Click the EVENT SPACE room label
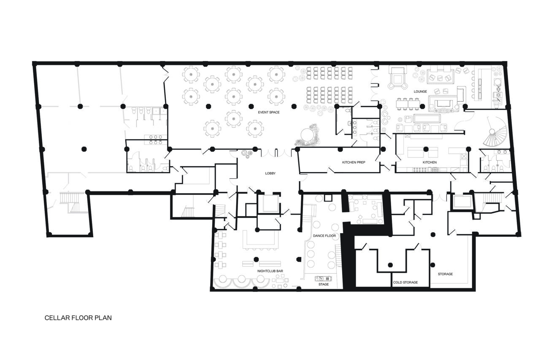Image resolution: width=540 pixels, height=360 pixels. (x=269, y=112)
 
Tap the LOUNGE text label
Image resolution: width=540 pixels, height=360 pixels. (x=420, y=91)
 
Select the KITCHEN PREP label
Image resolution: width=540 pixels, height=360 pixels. (x=353, y=162)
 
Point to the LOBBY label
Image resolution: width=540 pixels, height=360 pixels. (x=270, y=173)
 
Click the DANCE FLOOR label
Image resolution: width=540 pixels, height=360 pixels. (x=324, y=236)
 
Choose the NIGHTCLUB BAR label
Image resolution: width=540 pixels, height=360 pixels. (x=270, y=271)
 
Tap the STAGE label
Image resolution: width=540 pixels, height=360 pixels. (x=324, y=285)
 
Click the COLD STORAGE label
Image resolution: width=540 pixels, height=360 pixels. (x=405, y=282)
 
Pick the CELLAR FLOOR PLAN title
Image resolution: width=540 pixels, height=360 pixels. (x=78, y=318)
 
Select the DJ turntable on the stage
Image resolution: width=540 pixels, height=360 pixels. (x=324, y=278)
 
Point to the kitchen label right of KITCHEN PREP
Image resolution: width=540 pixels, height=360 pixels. (x=429, y=162)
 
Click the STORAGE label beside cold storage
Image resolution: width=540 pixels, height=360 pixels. (x=445, y=274)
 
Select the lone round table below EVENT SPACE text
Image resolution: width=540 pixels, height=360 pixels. (x=233, y=119)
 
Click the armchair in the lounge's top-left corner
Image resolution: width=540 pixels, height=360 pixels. (x=397, y=78)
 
